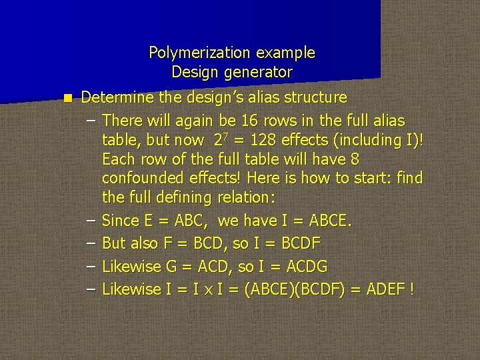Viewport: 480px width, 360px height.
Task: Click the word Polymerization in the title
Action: pos(190,52)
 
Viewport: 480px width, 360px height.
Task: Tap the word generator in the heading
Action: pos(259,71)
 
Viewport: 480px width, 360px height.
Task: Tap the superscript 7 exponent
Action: pos(228,136)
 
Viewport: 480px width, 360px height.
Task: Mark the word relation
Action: pos(247,198)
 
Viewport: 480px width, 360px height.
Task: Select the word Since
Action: pos(120,220)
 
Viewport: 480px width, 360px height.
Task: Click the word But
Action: pos(113,243)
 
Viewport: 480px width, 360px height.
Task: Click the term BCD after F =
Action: pos(206,243)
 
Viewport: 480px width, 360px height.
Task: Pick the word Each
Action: pos(117,159)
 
